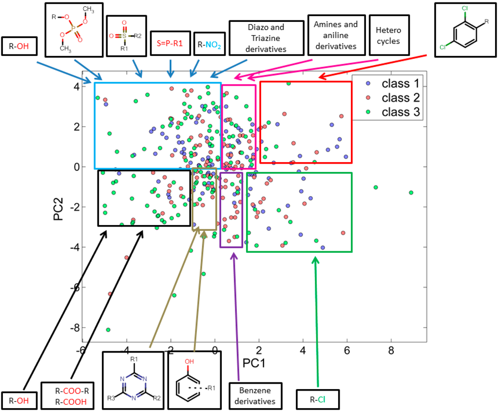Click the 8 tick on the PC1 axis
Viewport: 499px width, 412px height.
pos(391,350)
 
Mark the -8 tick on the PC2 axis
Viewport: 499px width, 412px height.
pos(74,328)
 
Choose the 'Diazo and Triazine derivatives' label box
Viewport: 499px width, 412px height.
pos(265,38)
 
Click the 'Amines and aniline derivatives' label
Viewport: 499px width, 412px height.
pos(336,35)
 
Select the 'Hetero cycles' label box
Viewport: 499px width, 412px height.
pos(388,36)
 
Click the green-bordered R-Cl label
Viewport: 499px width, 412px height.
pos(317,400)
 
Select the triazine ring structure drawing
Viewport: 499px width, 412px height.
pos(133,380)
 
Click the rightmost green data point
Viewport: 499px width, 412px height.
pos(411,192)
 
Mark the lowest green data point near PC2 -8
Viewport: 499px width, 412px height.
pos(108,330)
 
